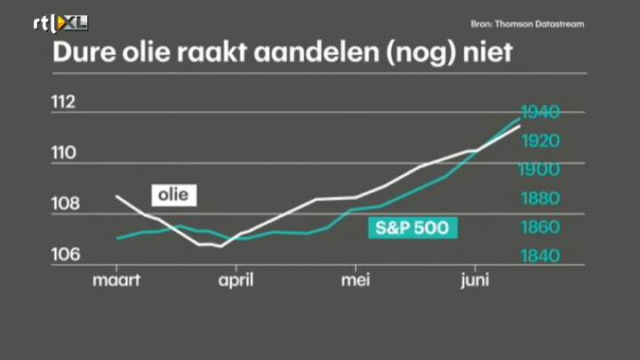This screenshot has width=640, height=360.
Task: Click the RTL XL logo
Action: [60, 24]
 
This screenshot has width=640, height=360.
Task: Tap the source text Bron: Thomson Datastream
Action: [527, 24]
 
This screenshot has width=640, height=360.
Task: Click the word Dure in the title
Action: [84, 52]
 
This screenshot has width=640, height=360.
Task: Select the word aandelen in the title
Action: [316, 52]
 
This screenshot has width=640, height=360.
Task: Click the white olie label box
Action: [174, 195]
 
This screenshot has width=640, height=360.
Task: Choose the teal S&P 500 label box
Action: [412, 228]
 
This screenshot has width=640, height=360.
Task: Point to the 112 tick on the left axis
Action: [63, 101]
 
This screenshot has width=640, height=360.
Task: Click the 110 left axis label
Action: [64, 153]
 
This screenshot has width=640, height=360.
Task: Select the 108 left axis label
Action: [65, 204]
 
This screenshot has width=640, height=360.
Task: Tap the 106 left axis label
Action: [65, 254]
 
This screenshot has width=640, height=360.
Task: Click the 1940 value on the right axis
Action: [540, 112]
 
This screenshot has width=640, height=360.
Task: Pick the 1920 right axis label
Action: [540, 140]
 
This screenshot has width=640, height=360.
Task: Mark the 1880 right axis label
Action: [540, 198]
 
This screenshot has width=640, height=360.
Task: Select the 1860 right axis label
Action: [540, 227]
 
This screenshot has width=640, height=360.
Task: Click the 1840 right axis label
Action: [540, 256]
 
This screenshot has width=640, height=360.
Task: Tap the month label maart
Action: [116, 280]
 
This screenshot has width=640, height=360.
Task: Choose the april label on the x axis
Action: [236, 280]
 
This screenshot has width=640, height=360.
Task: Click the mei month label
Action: [356, 280]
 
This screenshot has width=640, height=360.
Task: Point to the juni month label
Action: [475, 281]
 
